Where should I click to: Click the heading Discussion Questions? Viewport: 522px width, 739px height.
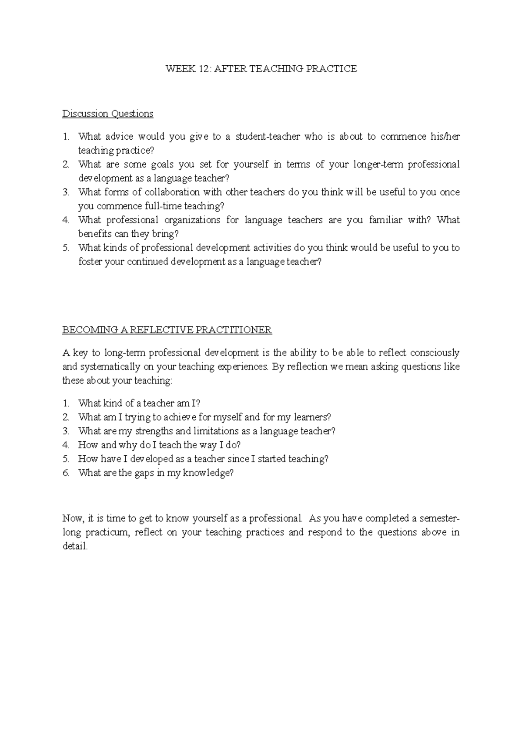[107, 114]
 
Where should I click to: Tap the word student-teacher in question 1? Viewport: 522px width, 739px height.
[268, 137]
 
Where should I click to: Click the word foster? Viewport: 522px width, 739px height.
[90, 262]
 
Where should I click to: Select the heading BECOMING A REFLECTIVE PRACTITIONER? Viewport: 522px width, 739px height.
[167, 330]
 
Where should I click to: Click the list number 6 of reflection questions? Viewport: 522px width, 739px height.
[66, 473]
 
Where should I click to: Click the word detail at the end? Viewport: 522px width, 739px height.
[74, 546]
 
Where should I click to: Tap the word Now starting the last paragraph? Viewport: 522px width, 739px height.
[72, 518]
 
